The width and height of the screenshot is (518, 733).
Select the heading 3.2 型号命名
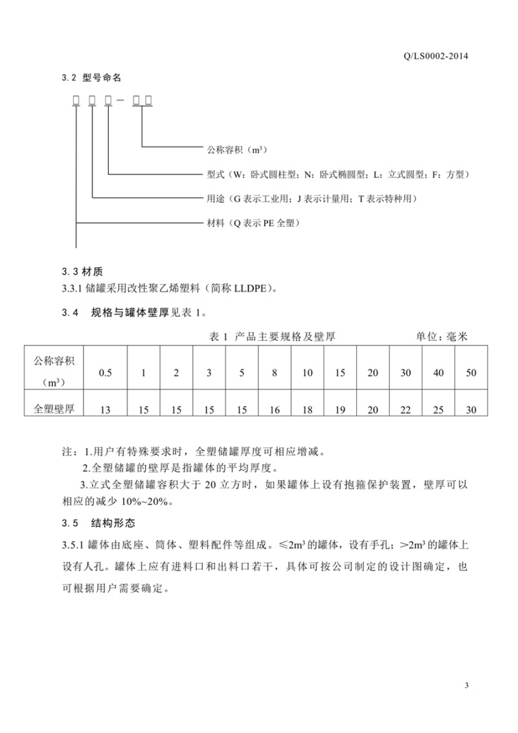click(91, 78)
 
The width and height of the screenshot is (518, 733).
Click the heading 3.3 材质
click(82, 272)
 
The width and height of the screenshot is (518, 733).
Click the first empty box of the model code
click(76, 100)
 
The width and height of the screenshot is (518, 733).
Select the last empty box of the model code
click(148, 100)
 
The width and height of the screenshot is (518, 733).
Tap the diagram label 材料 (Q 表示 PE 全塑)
click(253, 224)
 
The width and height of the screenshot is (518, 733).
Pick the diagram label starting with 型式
click(337, 175)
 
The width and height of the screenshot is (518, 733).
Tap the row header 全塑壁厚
click(54, 409)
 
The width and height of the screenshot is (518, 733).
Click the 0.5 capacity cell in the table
click(105, 373)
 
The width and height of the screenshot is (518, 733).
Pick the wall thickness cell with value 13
click(105, 410)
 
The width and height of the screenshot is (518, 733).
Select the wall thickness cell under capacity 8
click(275, 410)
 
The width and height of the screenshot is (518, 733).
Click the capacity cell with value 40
click(438, 373)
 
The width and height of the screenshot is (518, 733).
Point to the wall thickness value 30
click(471, 410)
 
